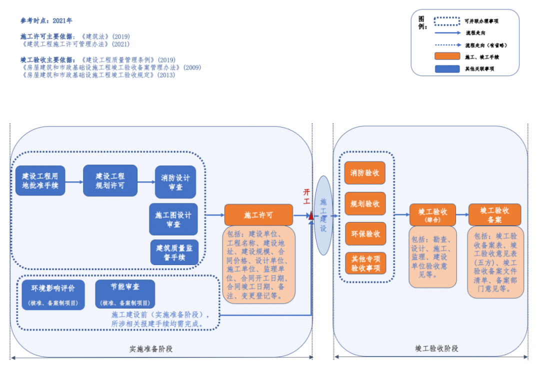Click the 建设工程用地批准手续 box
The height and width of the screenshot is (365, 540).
coord(40,180)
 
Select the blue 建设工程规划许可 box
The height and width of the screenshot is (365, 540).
coord(110,180)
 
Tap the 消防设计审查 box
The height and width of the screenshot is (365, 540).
coord(175,182)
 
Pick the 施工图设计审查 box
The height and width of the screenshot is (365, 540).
coord(173,219)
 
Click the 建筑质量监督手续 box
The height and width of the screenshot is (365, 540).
coord(174,252)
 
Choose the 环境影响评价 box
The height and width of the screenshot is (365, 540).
coord(53,294)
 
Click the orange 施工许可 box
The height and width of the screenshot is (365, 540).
coord(258,215)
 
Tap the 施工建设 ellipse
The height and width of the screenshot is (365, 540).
coord(323,215)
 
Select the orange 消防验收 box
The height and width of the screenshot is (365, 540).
coord(365,173)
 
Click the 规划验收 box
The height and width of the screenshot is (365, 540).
coord(365,203)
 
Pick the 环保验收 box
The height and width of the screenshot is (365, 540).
coord(365,233)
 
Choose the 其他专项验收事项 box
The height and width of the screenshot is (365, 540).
coord(365,263)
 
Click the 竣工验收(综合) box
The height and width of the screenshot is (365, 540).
coord(433,215)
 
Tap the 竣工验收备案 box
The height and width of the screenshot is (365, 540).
coord(494,214)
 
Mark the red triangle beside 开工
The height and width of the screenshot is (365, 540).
coord(311,216)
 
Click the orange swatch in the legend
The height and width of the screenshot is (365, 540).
coord(447,57)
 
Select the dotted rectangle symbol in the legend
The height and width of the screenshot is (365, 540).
coord(447,21)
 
